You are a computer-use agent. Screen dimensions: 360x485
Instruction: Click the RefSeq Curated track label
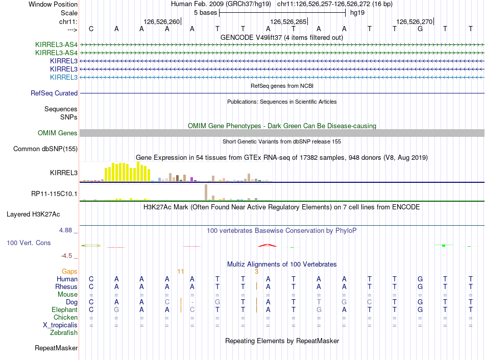[x=54, y=93]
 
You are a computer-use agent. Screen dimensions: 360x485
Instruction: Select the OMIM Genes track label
[x=58, y=133]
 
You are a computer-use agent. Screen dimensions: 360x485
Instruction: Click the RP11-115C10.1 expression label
[x=54, y=194]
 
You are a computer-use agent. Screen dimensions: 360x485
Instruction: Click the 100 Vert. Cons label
[x=29, y=243]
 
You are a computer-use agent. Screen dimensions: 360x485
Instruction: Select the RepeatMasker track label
[x=56, y=348]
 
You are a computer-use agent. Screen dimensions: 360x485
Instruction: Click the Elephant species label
[x=64, y=310]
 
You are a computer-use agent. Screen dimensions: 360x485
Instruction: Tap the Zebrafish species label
[x=64, y=333]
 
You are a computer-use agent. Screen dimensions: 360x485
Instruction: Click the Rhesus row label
[x=66, y=287]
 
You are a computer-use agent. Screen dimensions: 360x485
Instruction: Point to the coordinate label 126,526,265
[x=288, y=22]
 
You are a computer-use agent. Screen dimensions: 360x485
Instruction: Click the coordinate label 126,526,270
[x=414, y=22]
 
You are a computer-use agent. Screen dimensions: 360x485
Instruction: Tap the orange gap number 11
[x=180, y=271]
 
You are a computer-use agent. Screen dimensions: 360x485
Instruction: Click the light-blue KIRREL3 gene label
[x=64, y=78]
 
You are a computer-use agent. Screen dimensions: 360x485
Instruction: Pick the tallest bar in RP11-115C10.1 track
[x=205, y=192]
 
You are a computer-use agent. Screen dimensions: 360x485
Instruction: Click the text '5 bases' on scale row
[x=205, y=13]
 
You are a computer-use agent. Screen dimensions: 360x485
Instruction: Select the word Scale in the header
[x=69, y=13]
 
